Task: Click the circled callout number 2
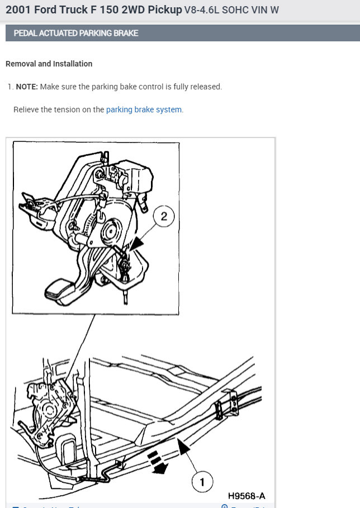(164, 217)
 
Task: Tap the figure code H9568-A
(246, 496)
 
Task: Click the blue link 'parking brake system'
(144, 110)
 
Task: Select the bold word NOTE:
(27, 87)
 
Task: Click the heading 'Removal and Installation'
(49, 64)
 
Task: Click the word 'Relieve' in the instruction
(27, 110)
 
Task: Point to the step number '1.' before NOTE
(10, 87)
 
